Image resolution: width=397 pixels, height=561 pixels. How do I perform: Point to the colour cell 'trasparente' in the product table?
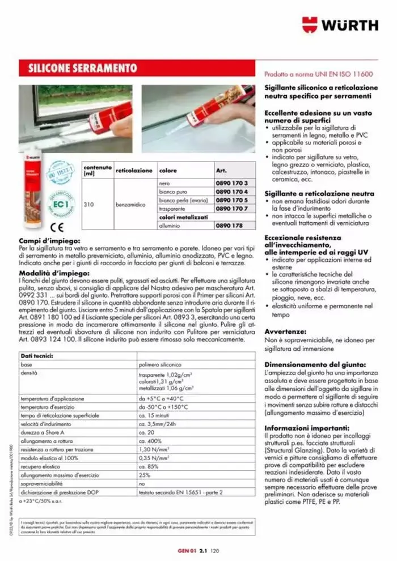[172, 209]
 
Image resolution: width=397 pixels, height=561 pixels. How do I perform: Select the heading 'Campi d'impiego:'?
[49, 241]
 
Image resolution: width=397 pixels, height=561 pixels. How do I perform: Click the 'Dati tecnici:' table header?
[37, 356]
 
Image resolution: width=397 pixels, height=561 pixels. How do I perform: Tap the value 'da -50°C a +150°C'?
[164, 407]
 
